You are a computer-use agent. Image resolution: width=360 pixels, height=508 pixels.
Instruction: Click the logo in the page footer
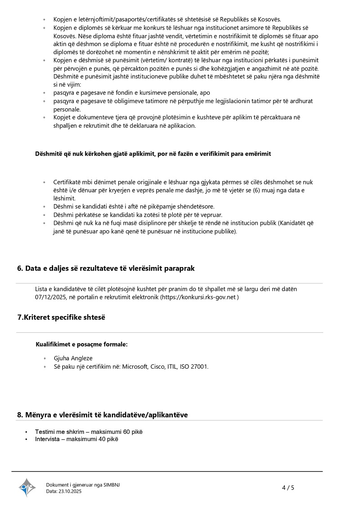click(x=27, y=487)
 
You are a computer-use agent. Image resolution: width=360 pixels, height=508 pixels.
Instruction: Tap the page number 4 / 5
click(x=288, y=487)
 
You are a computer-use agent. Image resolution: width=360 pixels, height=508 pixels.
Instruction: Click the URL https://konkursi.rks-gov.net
click(x=198, y=297)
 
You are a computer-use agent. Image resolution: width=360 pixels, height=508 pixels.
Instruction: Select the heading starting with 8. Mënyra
click(x=102, y=414)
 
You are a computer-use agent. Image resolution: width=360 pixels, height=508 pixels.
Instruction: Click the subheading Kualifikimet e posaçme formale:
click(x=81, y=344)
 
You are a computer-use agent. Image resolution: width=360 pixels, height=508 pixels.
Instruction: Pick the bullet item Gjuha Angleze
click(x=73, y=358)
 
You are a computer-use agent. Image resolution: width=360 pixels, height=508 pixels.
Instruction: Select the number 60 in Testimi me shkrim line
click(x=127, y=432)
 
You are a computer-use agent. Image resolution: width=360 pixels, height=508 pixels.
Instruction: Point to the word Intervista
click(x=47, y=439)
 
